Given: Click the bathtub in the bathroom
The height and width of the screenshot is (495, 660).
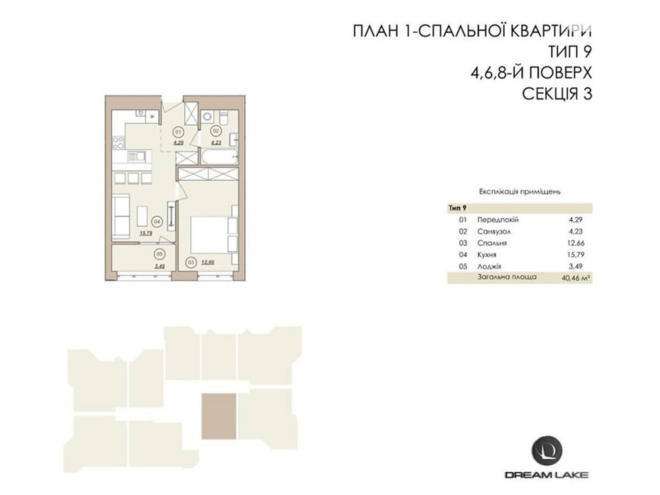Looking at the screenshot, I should point(217,158).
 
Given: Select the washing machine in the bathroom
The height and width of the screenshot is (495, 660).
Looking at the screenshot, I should point(207,117).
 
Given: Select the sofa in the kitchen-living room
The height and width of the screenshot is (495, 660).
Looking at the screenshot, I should point(121,216).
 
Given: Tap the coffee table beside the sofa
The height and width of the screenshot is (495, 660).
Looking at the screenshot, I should point(142,215).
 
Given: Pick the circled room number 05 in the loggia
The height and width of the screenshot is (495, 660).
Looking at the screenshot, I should point(158,253).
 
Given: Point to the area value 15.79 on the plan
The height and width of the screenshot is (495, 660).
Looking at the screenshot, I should point(146,232).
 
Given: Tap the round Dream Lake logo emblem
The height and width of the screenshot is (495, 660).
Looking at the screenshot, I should point(547,450).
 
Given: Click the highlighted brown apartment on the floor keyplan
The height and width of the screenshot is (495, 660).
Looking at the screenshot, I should point(218,416).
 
